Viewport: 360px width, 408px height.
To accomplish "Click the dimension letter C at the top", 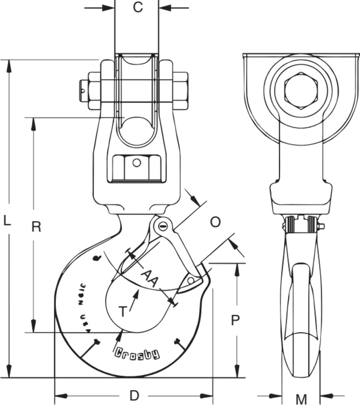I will click(138, 7).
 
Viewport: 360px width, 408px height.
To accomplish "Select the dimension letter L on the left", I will click(7, 221).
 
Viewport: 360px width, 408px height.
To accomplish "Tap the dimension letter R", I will click(36, 226).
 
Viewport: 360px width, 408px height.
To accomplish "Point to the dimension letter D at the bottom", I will click(134, 396).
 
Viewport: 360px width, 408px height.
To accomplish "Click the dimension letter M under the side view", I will click(301, 399).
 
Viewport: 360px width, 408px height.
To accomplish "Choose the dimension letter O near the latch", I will click(215, 222).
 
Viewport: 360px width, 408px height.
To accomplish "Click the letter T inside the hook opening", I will click(122, 312).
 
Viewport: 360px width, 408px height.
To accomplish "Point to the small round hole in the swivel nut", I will click(137, 163).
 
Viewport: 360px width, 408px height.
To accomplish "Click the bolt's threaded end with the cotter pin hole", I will click(83, 91).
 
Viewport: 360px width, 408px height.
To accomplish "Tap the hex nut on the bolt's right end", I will click(181, 91).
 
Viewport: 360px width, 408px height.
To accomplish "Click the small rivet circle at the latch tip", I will click(191, 280).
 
